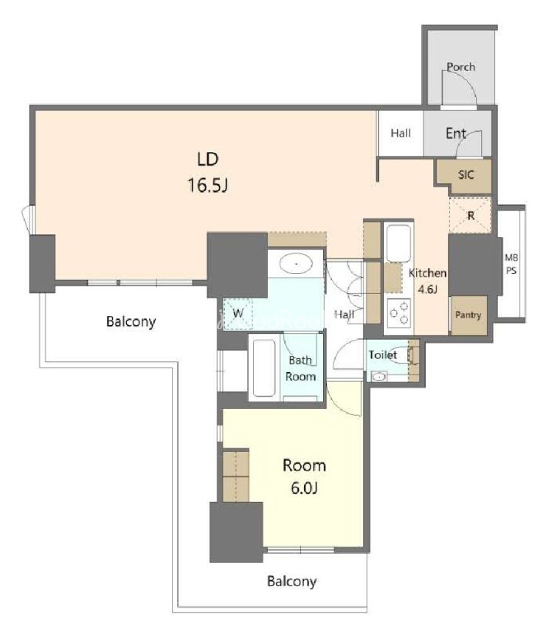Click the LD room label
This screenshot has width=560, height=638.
click(x=208, y=159)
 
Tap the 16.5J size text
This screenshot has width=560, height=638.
click(x=207, y=185)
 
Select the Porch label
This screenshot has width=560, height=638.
click(x=461, y=66)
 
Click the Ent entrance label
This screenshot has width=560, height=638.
click(x=456, y=133)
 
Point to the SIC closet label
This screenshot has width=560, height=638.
click(x=466, y=174)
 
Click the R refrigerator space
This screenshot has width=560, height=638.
click(x=470, y=215)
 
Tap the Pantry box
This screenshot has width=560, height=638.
click(x=468, y=315)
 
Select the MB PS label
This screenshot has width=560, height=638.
click(x=511, y=264)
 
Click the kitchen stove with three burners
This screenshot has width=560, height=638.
click(x=399, y=313)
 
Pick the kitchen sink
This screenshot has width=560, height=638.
click(x=398, y=244)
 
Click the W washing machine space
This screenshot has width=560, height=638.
click(x=238, y=314)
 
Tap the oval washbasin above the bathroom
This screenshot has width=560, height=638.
click(x=296, y=264)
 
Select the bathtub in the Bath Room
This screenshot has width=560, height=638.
click(x=264, y=368)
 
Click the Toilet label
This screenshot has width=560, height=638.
click(x=383, y=354)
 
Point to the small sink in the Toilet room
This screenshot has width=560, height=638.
click(x=379, y=377)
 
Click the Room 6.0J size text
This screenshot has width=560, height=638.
click(x=304, y=487)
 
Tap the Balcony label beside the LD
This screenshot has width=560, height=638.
click(x=131, y=321)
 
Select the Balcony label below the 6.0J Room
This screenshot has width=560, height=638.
click(x=291, y=581)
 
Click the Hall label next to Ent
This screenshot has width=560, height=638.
click(x=401, y=133)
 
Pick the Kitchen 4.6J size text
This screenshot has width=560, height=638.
click(x=427, y=289)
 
